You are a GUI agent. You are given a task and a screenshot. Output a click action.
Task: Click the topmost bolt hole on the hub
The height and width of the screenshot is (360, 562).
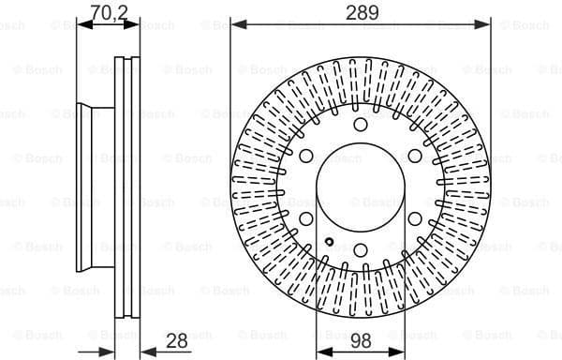coord(361,125)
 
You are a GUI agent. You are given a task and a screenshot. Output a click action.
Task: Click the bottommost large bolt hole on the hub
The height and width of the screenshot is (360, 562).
coord(361,248)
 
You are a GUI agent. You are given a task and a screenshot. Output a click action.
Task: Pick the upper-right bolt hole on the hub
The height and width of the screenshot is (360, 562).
coord(414,156)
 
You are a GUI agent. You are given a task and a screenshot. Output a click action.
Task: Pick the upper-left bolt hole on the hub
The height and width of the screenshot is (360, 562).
coord(307,156)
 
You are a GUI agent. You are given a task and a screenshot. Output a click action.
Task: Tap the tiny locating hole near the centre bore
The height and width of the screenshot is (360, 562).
coord(330,242)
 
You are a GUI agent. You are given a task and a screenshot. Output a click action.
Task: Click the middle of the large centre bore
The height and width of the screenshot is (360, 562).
coord(361,187)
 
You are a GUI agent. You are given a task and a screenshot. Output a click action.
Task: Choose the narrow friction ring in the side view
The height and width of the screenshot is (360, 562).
coord(126,187)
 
